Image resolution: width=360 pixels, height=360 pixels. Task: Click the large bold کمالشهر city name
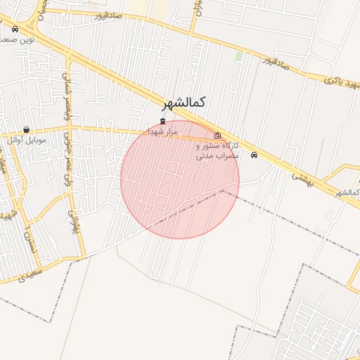point(186,103)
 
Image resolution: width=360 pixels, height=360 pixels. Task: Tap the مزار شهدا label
point(163,131)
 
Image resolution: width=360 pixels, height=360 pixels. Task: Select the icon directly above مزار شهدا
point(163,122)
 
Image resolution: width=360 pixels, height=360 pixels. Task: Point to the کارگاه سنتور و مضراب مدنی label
point(218,150)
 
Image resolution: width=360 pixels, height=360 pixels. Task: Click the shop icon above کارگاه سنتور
point(217,136)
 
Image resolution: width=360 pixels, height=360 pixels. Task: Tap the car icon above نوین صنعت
point(15,30)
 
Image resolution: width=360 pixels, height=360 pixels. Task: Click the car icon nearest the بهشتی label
point(254,155)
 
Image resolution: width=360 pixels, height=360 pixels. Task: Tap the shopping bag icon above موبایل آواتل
point(27,130)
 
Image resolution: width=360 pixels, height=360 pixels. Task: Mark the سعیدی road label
point(31,271)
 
